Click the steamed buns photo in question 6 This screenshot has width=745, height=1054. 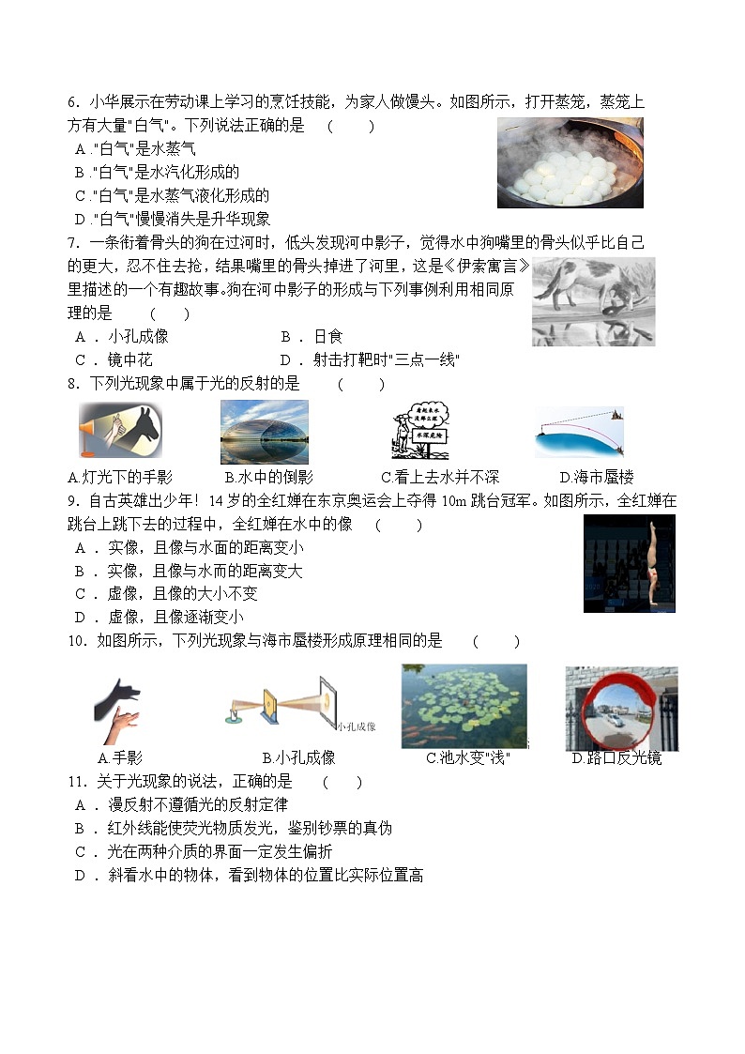click(570, 162)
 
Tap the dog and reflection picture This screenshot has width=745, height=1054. click(593, 301)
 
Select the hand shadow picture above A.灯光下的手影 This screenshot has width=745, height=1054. click(120, 431)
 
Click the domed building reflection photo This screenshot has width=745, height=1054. click(264, 432)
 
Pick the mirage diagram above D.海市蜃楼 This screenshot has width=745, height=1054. click(579, 433)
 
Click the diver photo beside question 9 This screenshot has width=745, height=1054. click(629, 563)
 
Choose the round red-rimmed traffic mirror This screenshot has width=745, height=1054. click(619, 709)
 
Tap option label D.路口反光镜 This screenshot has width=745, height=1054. click(616, 757)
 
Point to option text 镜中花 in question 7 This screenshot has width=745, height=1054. click(129, 359)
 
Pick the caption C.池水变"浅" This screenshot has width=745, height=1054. click(467, 757)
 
